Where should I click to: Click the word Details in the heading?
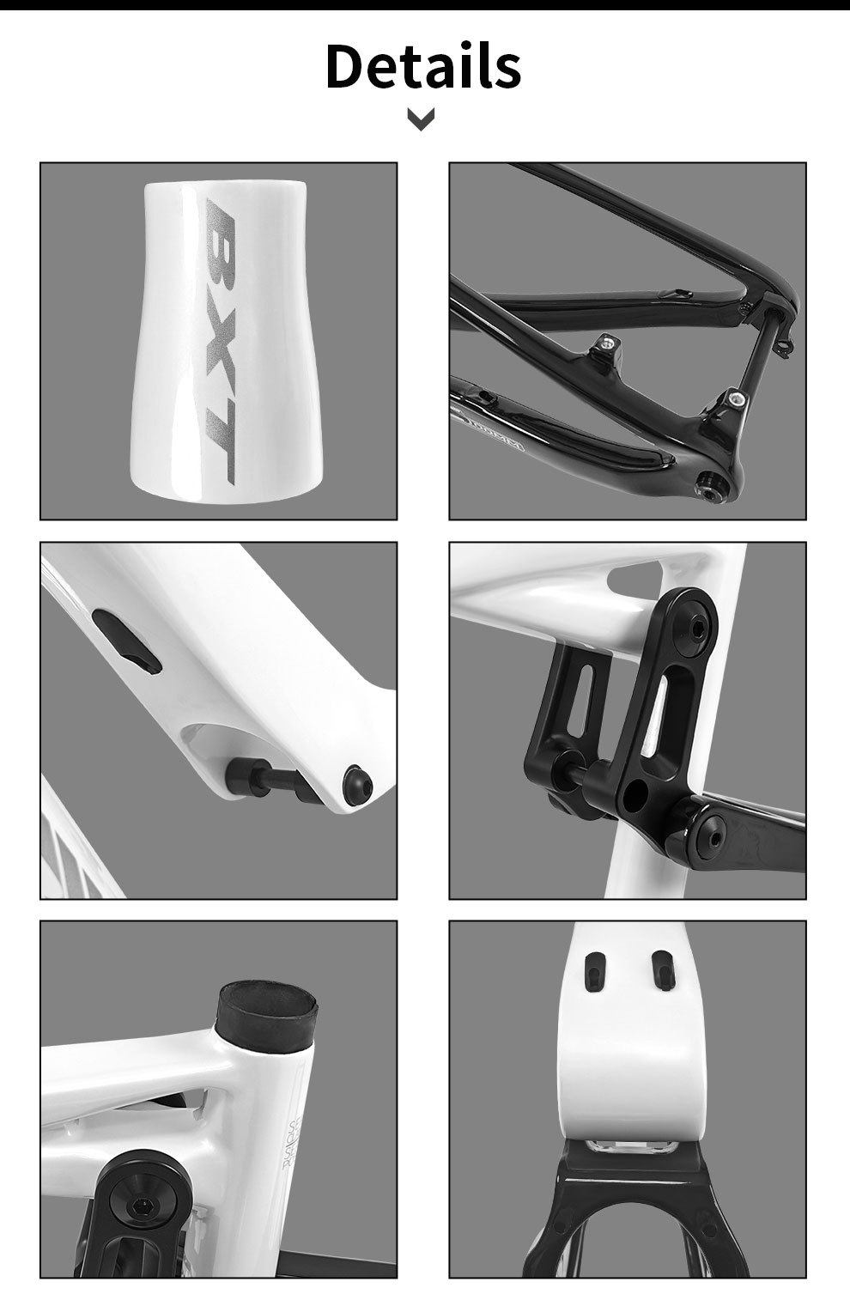point(423,66)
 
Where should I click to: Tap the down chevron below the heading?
point(421,119)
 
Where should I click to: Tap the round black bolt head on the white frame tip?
point(354,779)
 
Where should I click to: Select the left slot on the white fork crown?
point(593,970)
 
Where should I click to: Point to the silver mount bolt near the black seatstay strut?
point(735,398)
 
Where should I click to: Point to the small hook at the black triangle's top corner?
point(783,347)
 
